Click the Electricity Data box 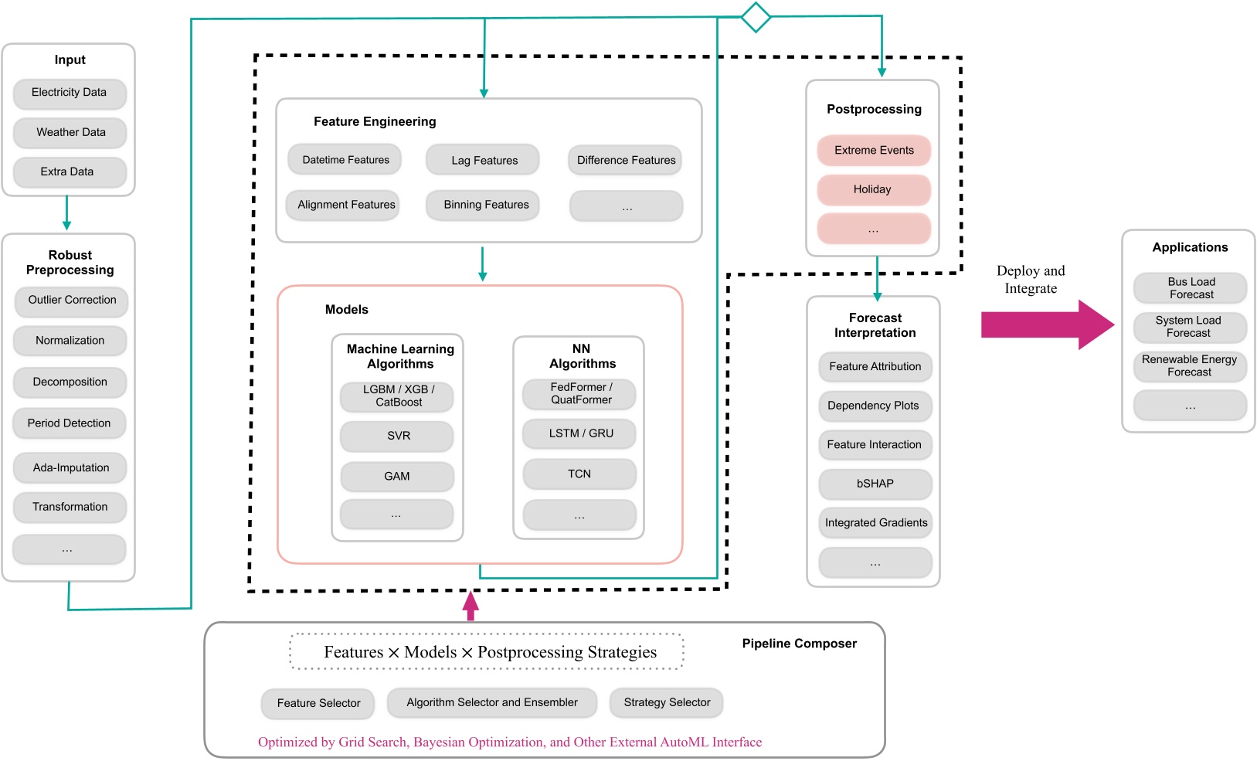click(70, 93)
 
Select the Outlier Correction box click(71, 300)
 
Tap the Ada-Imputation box click(70, 467)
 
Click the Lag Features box click(484, 160)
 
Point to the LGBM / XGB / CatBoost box click(398, 396)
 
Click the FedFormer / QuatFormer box click(580, 393)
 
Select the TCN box click(579, 474)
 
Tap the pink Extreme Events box click(874, 150)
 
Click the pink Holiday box click(874, 189)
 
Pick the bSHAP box click(875, 484)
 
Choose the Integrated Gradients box click(875, 522)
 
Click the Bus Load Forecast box click(1190, 287)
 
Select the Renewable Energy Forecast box click(1190, 365)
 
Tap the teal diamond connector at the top click(756, 17)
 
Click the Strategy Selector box click(667, 702)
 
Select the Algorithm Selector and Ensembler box click(492, 702)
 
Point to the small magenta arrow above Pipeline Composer click(471, 606)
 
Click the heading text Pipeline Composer click(799, 644)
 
